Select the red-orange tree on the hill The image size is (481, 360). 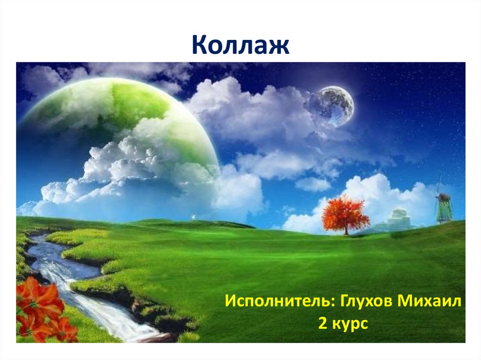click(x=346, y=214)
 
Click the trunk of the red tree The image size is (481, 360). click(x=346, y=230)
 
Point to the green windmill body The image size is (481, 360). click(x=444, y=211)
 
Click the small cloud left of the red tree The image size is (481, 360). click(x=312, y=184)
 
